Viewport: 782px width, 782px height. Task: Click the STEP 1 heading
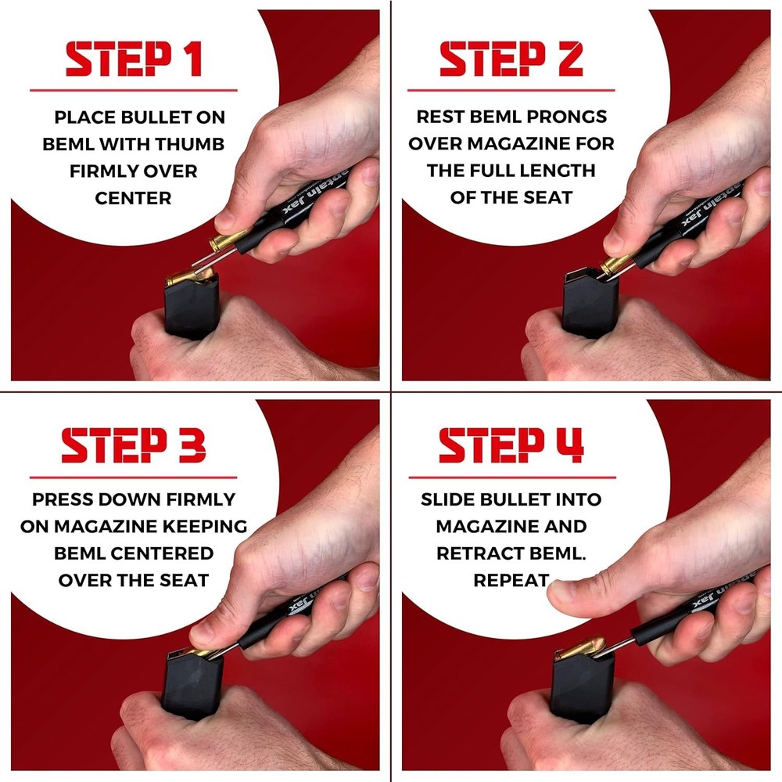tap(134, 59)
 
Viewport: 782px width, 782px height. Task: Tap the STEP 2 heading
tap(511, 59)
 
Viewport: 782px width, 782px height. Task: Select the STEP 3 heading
tap(134, 445)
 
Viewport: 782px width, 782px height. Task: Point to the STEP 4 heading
tap(511, 445)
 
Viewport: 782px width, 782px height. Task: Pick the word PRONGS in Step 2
tap(569, 117)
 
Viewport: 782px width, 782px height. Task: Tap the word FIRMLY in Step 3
tap(197, 499)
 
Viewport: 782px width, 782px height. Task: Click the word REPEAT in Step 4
tap(511, 580)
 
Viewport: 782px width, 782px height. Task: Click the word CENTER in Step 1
tap(134, 198)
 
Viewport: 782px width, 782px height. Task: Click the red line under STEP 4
tap(511, 477)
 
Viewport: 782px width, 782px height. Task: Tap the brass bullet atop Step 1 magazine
tap(185, 276)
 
